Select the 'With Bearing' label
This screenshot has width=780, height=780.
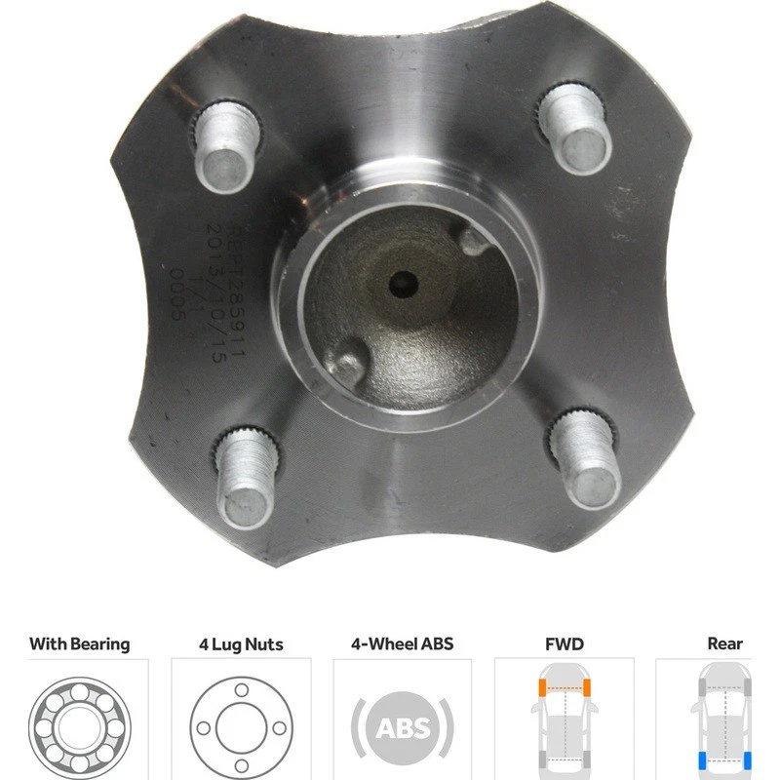(79, 643)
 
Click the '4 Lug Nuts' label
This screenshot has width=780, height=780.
(241, 643)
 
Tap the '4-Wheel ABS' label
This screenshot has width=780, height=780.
(403, 643)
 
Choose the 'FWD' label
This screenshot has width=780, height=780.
(564, 643)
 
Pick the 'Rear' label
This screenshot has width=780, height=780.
(724, 643)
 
